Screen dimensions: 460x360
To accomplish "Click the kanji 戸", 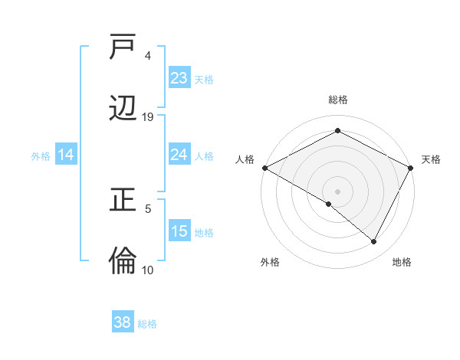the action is [123, 48].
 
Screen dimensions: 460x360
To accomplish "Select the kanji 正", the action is [123, 201].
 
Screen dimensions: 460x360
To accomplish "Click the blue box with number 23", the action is [179, 78].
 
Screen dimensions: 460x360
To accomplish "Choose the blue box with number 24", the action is [179, 155].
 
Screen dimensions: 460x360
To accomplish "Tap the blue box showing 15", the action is [179, 231].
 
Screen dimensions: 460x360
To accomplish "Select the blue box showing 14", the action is [66, 155].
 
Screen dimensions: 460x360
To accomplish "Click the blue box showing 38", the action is [123, 322].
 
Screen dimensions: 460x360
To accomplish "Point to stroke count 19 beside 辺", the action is [148, 117].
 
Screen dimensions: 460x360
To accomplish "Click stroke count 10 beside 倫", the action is [147, 270].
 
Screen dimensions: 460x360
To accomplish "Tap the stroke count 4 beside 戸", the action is [148, 56].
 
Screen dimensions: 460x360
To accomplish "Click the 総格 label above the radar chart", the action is [338, 100].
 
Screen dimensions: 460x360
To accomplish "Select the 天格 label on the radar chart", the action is [431, 159].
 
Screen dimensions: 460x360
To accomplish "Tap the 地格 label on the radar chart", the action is [402, 262].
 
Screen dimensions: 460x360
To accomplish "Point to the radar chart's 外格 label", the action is [270, 262].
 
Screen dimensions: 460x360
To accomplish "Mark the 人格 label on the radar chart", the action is [245, 159].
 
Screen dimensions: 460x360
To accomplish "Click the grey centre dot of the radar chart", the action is [338, 191].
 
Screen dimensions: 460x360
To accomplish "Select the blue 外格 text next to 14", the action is [41, 155].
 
